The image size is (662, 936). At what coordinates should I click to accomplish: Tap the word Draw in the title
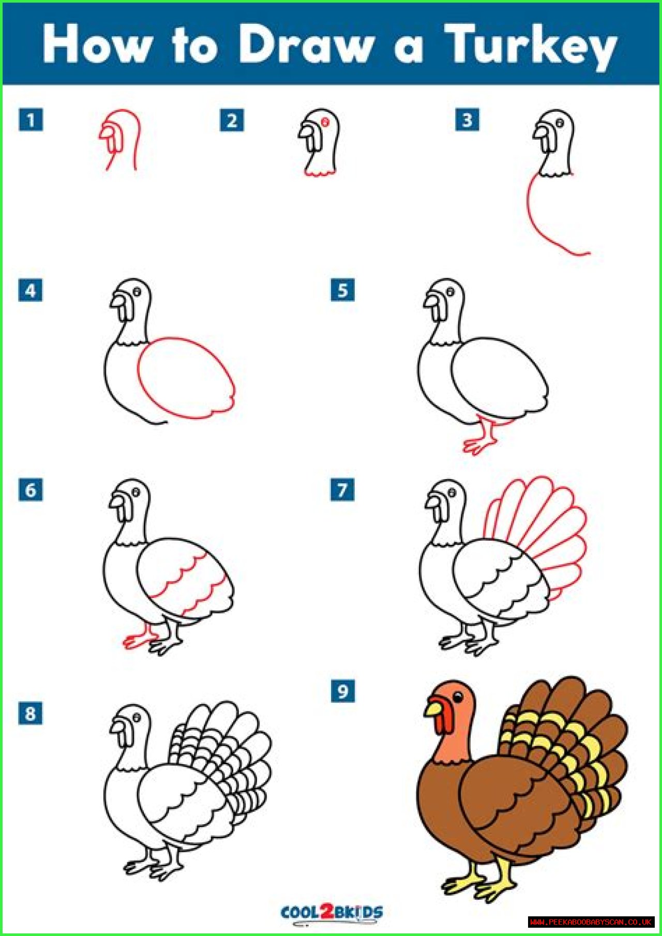click(306, 45)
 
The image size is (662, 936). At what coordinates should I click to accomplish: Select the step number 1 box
click(31, 120)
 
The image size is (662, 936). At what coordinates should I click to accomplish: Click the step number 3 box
click(467, 120)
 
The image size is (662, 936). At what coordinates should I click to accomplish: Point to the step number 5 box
click(342, 290)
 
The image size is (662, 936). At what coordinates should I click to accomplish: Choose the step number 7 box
click(342, 489)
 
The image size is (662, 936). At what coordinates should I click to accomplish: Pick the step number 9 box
click(342, 691)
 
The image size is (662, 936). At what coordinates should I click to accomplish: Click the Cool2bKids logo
click(332, 912)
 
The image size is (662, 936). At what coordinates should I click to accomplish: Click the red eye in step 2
click(325, 122)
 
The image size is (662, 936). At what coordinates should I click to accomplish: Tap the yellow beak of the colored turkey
click(433, 707)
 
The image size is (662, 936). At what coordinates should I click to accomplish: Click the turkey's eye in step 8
click(137, 718)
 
